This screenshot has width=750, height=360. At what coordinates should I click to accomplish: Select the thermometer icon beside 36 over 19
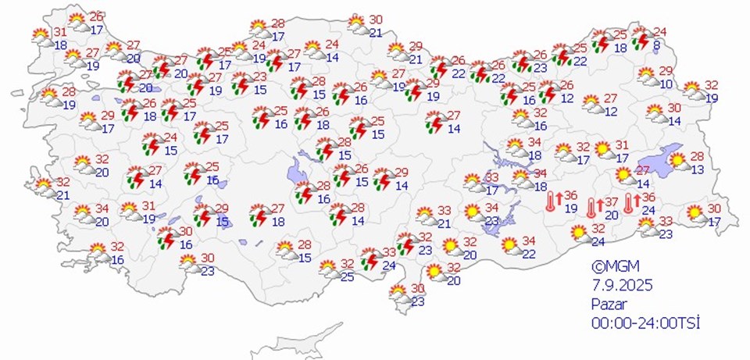coord(550,201)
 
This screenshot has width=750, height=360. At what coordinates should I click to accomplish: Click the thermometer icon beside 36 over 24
coord(628,204)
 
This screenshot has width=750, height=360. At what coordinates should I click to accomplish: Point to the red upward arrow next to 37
coord(599,207)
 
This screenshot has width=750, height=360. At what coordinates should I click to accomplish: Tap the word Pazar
coord(609,303)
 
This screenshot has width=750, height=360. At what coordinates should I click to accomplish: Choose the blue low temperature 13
coord(697,169)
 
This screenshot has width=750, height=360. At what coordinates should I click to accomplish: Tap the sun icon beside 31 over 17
coord(602,148)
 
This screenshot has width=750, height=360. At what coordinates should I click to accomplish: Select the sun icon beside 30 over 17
coord(694,213)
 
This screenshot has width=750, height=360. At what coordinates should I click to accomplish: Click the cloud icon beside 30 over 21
coord(357,25)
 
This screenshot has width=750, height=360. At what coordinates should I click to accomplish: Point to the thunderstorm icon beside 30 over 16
coord(166,237)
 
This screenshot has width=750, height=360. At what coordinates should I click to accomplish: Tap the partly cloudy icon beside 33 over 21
coord(425,216)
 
